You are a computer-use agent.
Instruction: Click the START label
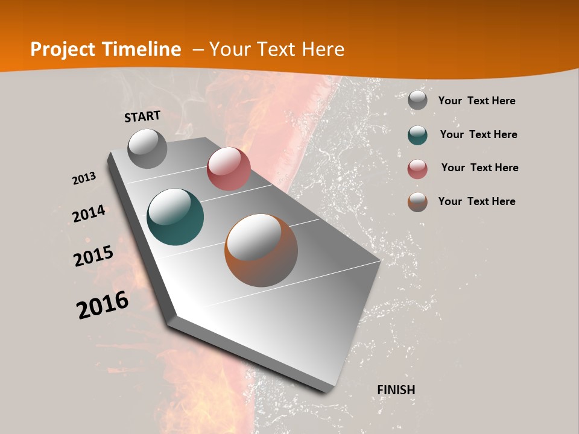[142, 116]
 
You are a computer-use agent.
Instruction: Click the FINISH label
[396, 390]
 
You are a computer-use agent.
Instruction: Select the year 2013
[84, 178]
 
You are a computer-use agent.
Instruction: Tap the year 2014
[89, 214]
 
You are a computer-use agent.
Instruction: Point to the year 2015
[93, 256]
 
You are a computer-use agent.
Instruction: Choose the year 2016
[103, 305]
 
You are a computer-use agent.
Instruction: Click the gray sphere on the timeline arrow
[148, 148]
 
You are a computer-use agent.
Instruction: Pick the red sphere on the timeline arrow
[229, 169]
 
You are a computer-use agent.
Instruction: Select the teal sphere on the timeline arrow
[176, 217]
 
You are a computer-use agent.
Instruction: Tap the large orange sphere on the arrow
[261, 250]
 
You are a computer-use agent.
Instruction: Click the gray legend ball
[417, 101]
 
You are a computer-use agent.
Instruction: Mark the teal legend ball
[417, 135]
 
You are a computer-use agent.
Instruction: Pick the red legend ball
[417, 169]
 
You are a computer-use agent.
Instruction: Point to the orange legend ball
[417, 202]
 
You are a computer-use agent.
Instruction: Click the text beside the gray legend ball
[477, 101]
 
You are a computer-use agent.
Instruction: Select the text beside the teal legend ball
[479, 134]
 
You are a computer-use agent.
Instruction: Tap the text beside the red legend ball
[480, 168]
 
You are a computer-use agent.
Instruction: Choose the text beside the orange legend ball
[477, 201]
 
